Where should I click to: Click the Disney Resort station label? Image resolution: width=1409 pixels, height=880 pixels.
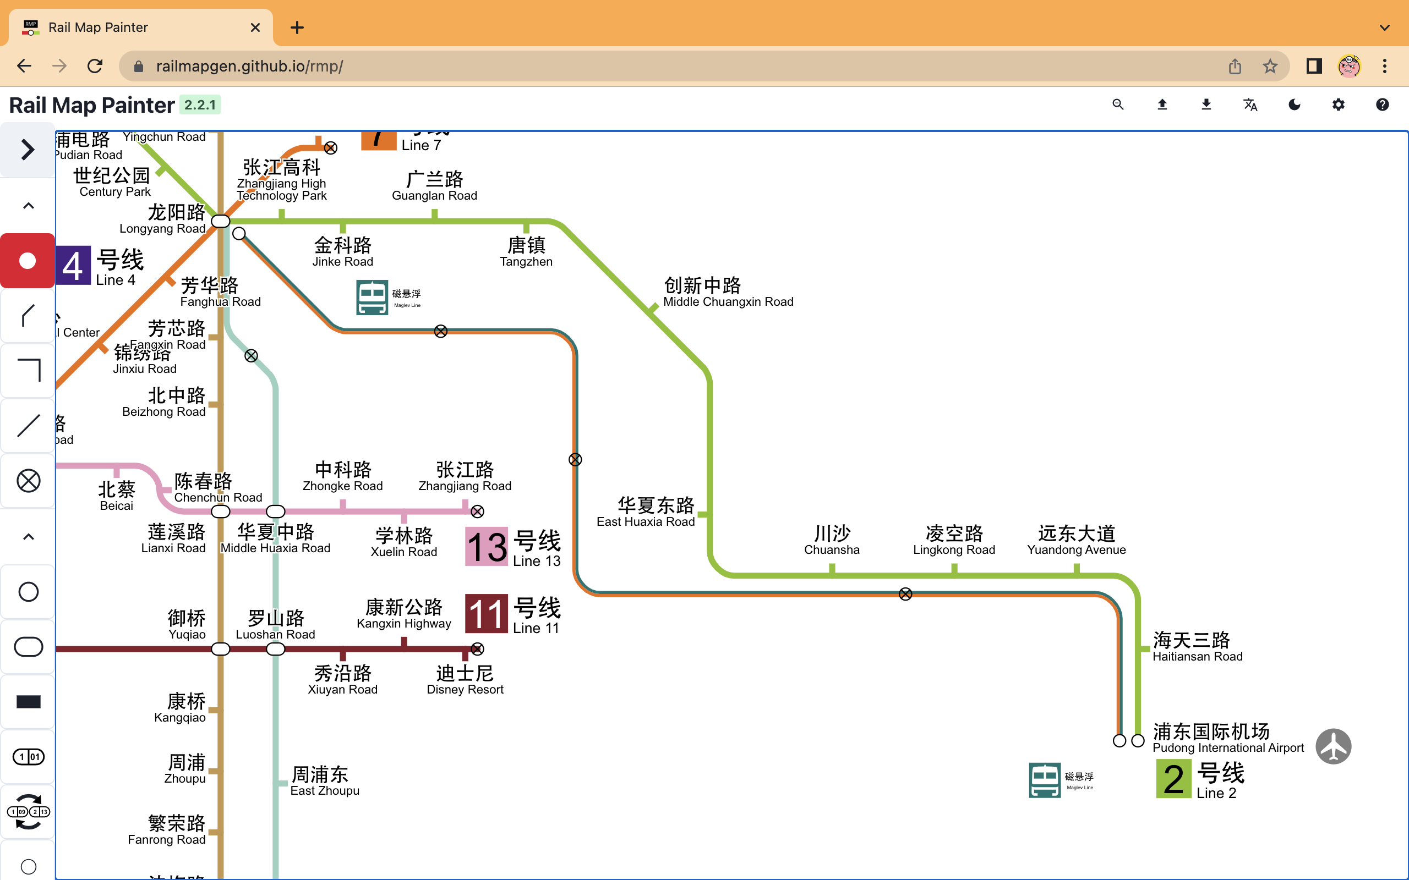(x=465, y=680)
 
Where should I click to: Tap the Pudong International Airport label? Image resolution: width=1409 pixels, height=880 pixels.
(x=1227, y=738)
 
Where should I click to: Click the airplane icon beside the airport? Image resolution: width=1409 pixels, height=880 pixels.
(x=1332, y=746)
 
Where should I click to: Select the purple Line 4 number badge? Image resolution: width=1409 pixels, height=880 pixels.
(x=73, y=266)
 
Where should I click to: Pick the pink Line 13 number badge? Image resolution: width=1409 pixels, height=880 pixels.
(x=486, y=547)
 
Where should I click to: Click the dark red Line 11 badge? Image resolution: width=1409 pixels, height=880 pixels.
(x=486, y=613)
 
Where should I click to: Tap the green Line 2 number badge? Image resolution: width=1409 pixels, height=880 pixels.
(x=1173, y=779)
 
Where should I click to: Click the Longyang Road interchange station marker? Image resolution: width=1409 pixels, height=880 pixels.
(x=221, y=221)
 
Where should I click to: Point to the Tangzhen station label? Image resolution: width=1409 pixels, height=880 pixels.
(x=526, y=251)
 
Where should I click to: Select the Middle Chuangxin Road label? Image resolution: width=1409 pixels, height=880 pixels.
(x=728, y=292)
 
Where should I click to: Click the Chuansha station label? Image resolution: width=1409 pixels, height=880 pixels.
(x=832, y=540)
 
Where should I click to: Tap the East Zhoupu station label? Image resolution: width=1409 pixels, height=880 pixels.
(x=324, y=781)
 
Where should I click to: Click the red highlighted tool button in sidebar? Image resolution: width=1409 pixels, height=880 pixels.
(x=28, y=261)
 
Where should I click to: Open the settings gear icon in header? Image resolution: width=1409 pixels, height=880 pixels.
(x=1338, y=105)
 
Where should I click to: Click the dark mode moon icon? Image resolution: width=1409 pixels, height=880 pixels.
(x=1295, y=105)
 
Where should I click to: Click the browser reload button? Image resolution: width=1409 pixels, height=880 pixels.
(x=95, y=66)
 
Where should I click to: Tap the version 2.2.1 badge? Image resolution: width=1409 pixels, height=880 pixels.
(x=200, y=105)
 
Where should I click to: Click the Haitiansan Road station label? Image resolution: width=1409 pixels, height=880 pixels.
(x=1197, y=647)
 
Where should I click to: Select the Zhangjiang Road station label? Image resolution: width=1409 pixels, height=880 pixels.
(x=465, y=476)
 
